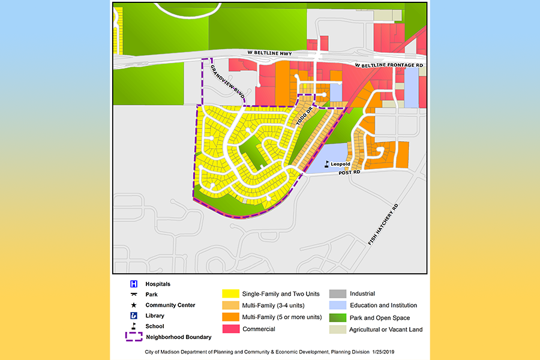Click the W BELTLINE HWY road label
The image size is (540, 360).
(269, 54)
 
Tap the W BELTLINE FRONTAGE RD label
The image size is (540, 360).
(389, 65)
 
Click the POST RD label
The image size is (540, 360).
(348, 172)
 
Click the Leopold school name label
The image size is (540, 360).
(340, 164)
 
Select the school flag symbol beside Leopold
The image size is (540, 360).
(327, 164)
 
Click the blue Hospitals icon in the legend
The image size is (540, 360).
(134, 284)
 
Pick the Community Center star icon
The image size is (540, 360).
(134, 305)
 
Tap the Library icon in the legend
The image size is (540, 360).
(134, 316)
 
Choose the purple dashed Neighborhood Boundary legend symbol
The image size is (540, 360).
(134, 337)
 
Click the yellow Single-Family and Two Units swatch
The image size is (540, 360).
(230, 294)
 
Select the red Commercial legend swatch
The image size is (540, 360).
(230, 329)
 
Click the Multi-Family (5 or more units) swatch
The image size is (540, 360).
(230, 317)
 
